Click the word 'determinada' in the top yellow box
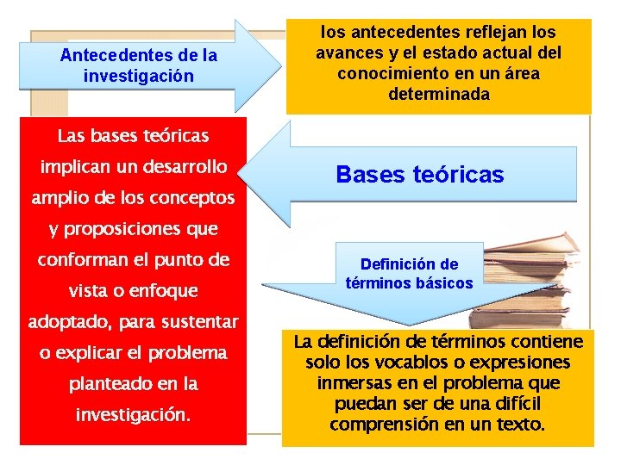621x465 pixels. coord(438,94)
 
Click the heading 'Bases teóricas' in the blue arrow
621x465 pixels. coord(419,175)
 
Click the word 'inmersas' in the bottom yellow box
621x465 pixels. coord(350,383)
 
